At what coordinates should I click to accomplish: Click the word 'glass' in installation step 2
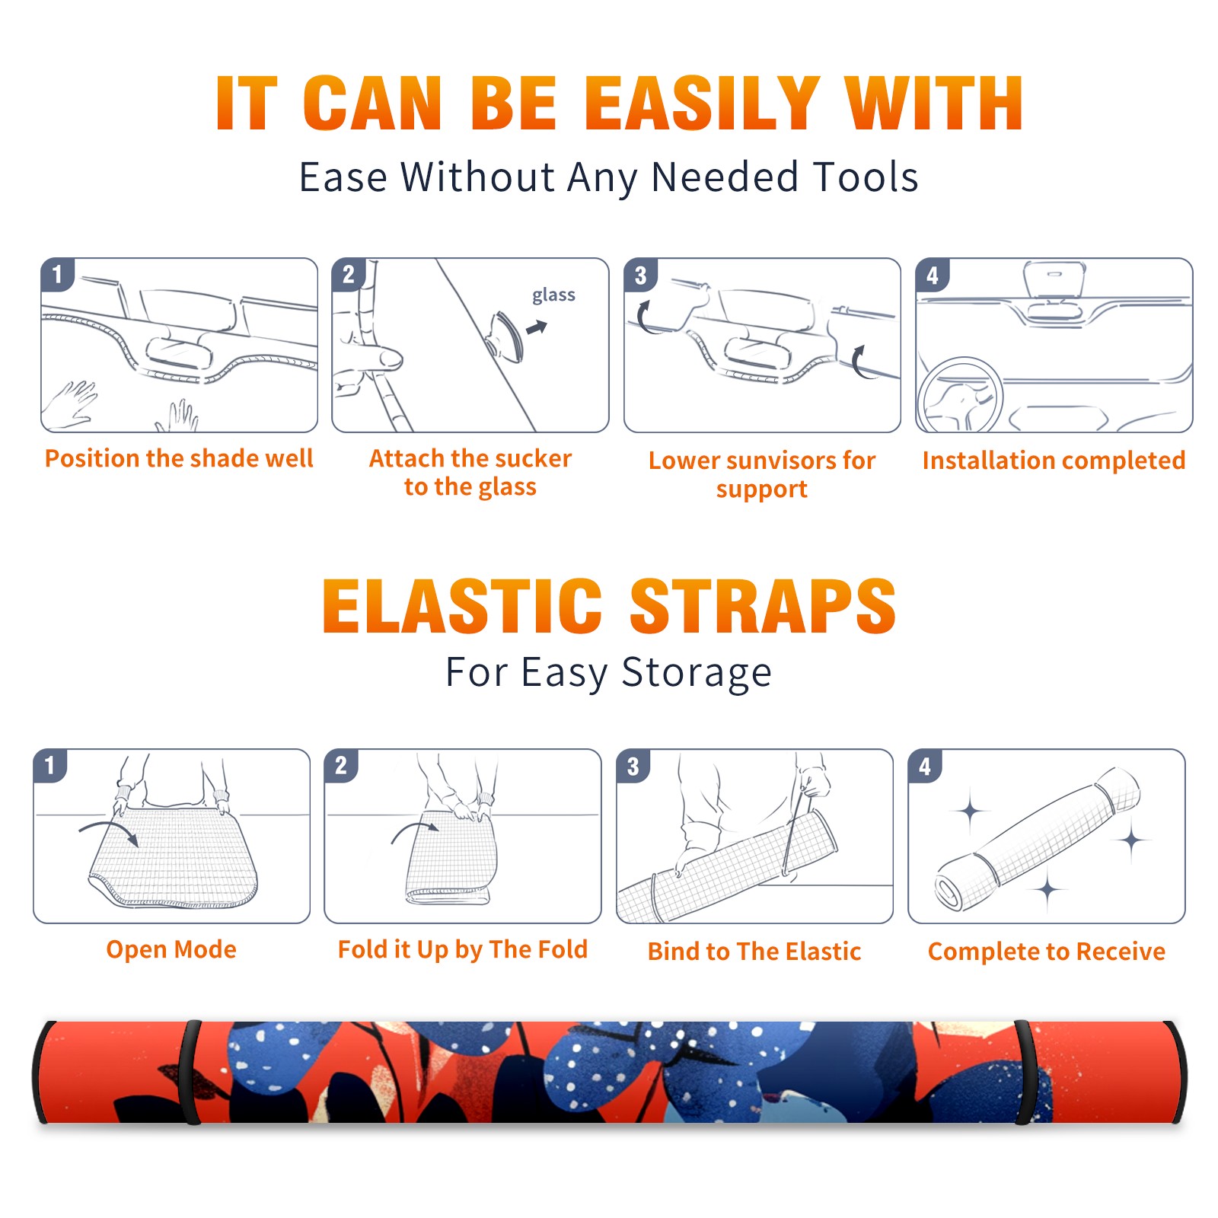pyautogui.click(x=553, y=295)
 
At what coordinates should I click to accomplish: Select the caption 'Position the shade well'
pyautogui.click(x=179, y=458)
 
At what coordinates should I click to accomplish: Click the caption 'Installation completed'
pyautogui.click(x=1054, y=461)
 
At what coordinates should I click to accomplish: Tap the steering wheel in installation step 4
pyautogui.click(x=961, y=395)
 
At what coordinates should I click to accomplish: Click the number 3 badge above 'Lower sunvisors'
pyautogui.click(x=640, y=275)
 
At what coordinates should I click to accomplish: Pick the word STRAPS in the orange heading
pyautogui.click(x=763, y=606)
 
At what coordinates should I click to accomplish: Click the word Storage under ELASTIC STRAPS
pyautogui.click(x=697, y=673)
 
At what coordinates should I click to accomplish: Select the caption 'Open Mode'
pyautogui.click(x=171, y=949)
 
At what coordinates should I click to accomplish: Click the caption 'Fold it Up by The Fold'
pyautogui.click(x=463, y=949)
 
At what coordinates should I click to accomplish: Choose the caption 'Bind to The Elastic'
pyautogui.click(x=754, y=952)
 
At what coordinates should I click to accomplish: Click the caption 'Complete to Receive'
pyautogui.click(x=1047, y=952)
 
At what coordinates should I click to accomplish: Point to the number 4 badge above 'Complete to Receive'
pyautogui.click(x=925, y=766)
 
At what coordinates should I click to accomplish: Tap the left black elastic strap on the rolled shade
pyautogui.click(x=190, y=1073)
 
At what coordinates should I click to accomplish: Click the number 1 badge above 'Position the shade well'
pyautogui.click(x=57, y=275)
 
